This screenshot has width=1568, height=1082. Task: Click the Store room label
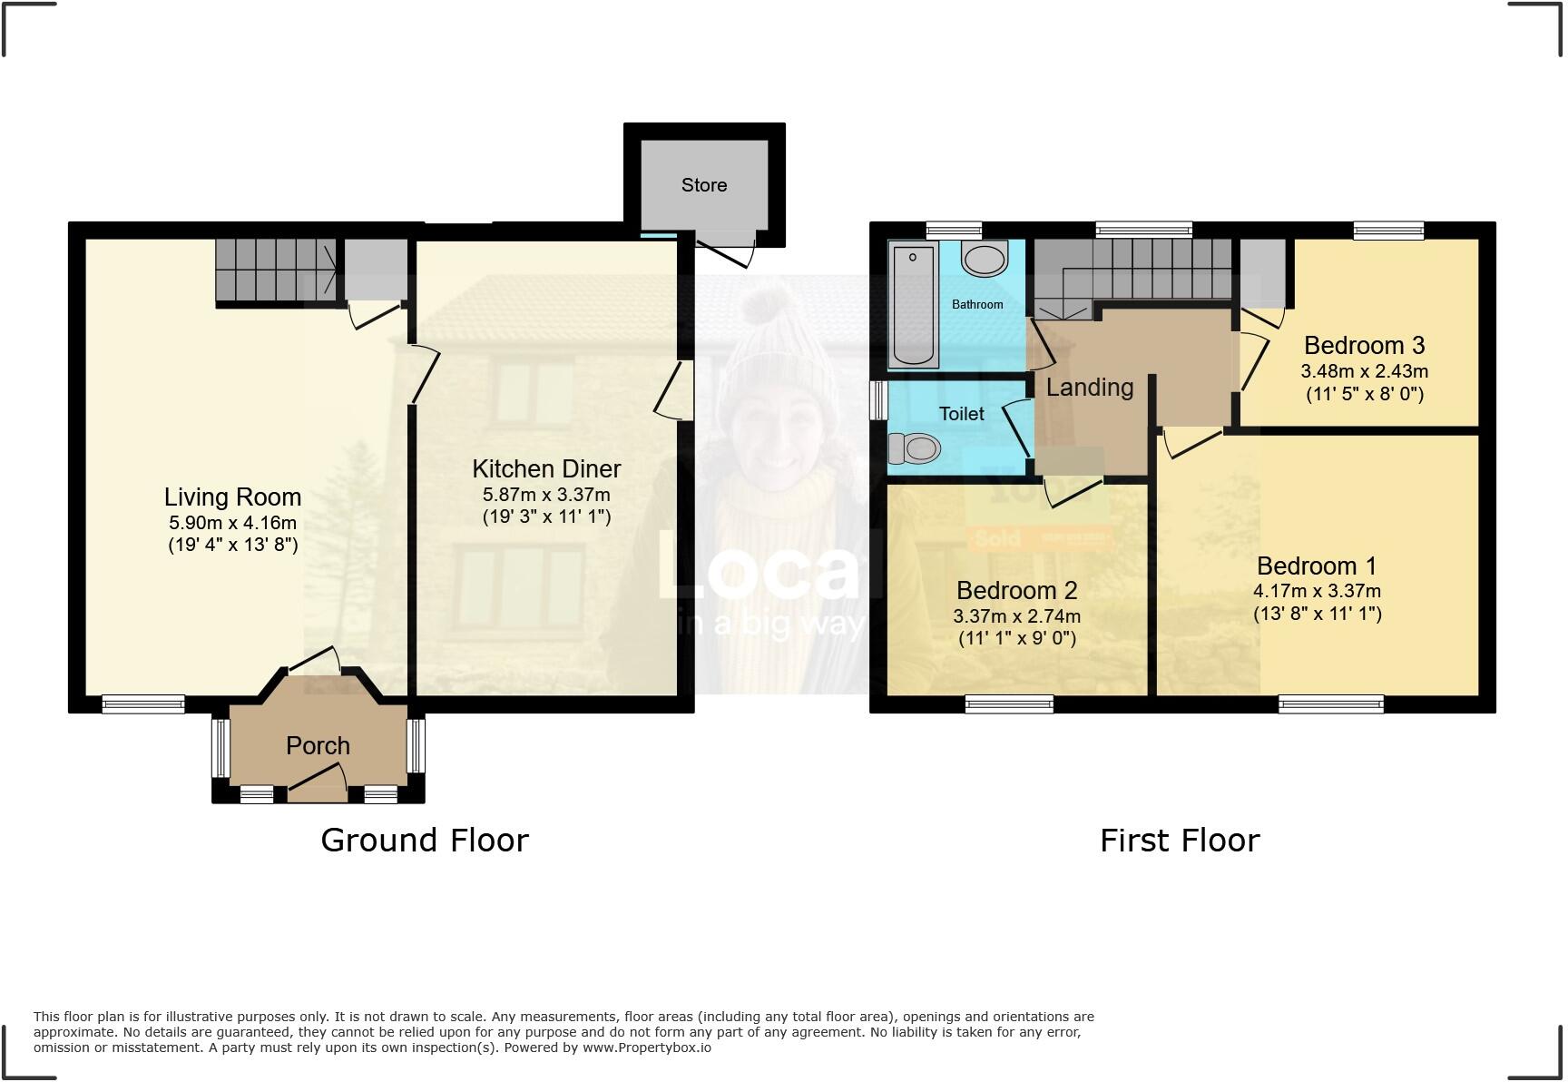click(703, 185)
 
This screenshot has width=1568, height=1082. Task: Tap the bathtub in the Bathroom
click(912, 304)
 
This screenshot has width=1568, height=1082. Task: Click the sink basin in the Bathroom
click(985, 260)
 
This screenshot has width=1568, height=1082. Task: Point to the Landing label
click(1089, 388)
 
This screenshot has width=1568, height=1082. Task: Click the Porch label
click(318, 746)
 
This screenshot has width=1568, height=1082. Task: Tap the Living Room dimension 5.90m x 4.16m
click(232, 523)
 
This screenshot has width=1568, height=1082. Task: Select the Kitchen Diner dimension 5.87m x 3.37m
click(546, 495)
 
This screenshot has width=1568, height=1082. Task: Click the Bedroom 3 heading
click(1364, 346)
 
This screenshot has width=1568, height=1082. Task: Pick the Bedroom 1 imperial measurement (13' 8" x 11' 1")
click(1317, 614)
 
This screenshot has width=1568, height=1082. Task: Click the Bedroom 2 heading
click(1016, 591)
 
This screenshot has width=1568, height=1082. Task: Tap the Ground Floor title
click(424, 841)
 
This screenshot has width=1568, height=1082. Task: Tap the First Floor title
click(1179, 841)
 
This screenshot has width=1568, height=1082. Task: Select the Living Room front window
click(143, 703)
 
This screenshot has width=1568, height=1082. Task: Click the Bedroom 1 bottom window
click(1330, 703)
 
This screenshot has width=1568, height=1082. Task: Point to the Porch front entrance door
click(318, 781)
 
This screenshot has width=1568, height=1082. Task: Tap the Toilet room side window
click(877, 400)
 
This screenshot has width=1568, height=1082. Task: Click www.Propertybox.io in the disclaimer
click(646, 1048)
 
